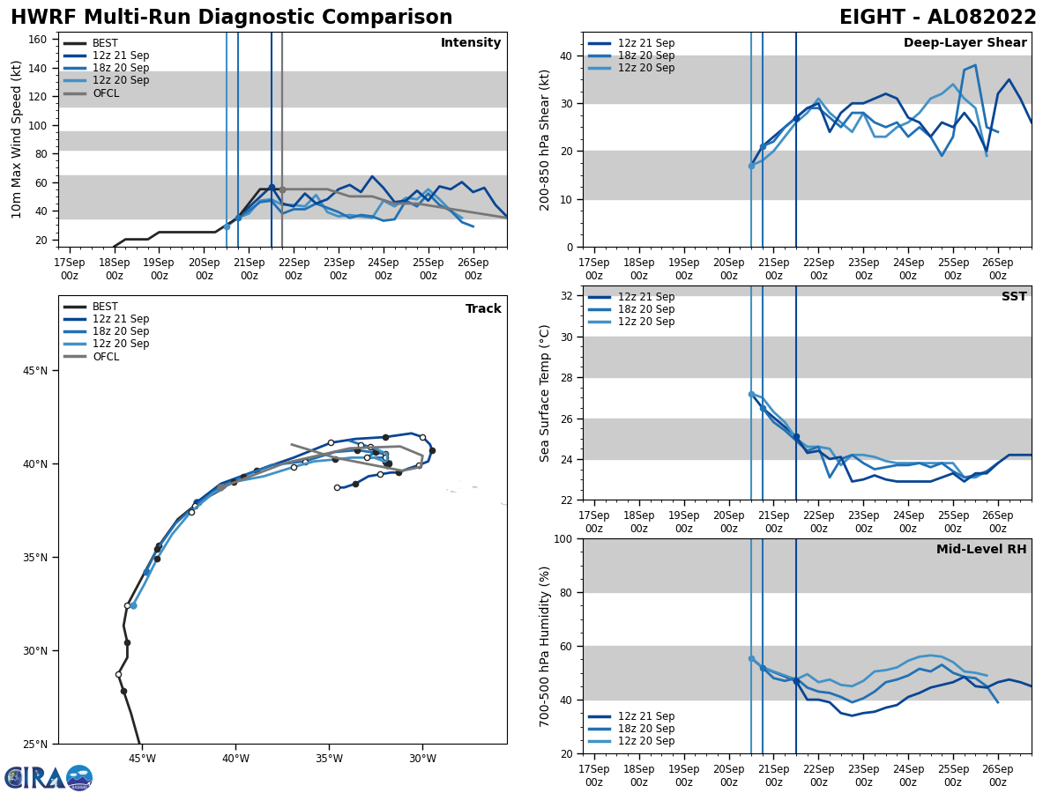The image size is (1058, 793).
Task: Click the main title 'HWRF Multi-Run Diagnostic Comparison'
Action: (231, 18)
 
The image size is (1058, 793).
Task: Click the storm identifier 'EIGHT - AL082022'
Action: (938, 18)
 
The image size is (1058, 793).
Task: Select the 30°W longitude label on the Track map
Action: (422, 759)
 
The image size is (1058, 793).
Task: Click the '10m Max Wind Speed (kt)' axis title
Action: (17, 139)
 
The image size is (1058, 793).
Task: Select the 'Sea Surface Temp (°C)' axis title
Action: (545, 393)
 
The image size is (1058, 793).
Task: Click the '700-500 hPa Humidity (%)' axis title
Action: (545, 647)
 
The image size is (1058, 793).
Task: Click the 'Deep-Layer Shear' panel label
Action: (965, 43)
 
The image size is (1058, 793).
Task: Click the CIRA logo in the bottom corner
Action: (48, 777)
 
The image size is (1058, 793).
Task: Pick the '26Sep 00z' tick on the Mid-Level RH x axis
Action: (997, 775)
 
